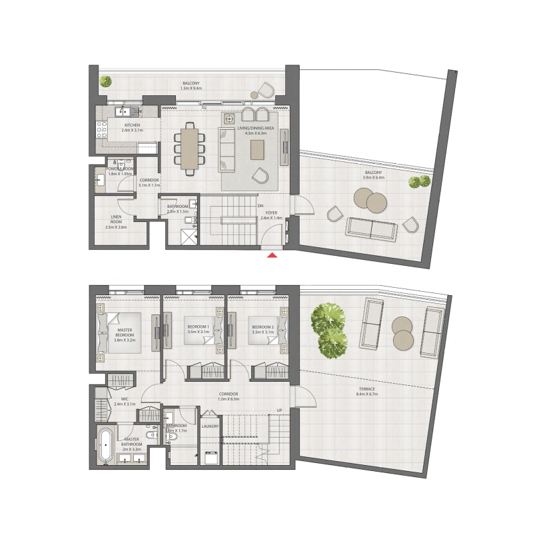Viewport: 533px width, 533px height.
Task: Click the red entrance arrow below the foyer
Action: pos(271,254)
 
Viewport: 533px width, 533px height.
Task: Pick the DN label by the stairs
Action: pos(261,206)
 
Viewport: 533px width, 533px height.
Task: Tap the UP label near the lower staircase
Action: pos(280,410)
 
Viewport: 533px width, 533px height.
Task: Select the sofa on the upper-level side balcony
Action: pos(370,229)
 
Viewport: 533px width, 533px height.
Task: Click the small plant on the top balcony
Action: pos(105,81)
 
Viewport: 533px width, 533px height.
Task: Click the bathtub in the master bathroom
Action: pos(105,445)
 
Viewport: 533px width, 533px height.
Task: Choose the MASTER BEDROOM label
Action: pos(125,332)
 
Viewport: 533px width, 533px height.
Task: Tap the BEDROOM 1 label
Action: pos(199,326)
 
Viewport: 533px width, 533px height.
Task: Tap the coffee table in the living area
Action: pos(258,149)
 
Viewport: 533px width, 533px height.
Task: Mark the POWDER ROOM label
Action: pos(121,169)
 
